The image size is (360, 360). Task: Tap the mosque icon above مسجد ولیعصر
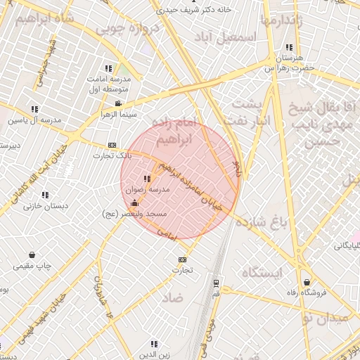134,203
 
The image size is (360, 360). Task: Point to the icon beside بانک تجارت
111,144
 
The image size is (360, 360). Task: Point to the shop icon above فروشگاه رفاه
307,283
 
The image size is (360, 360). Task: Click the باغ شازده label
262,224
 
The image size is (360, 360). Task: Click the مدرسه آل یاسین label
35,120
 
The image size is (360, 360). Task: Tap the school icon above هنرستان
289,48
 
